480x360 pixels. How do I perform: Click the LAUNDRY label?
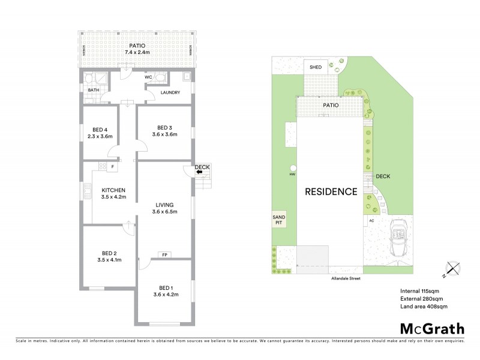pos(170,92)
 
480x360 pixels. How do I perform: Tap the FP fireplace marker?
pos(164,255)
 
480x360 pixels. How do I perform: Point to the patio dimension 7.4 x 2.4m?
pos(138,52)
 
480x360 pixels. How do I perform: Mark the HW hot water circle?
pos(293,169)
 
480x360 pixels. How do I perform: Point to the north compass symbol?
pos(452,270)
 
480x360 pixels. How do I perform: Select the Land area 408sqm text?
pos(424,307)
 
